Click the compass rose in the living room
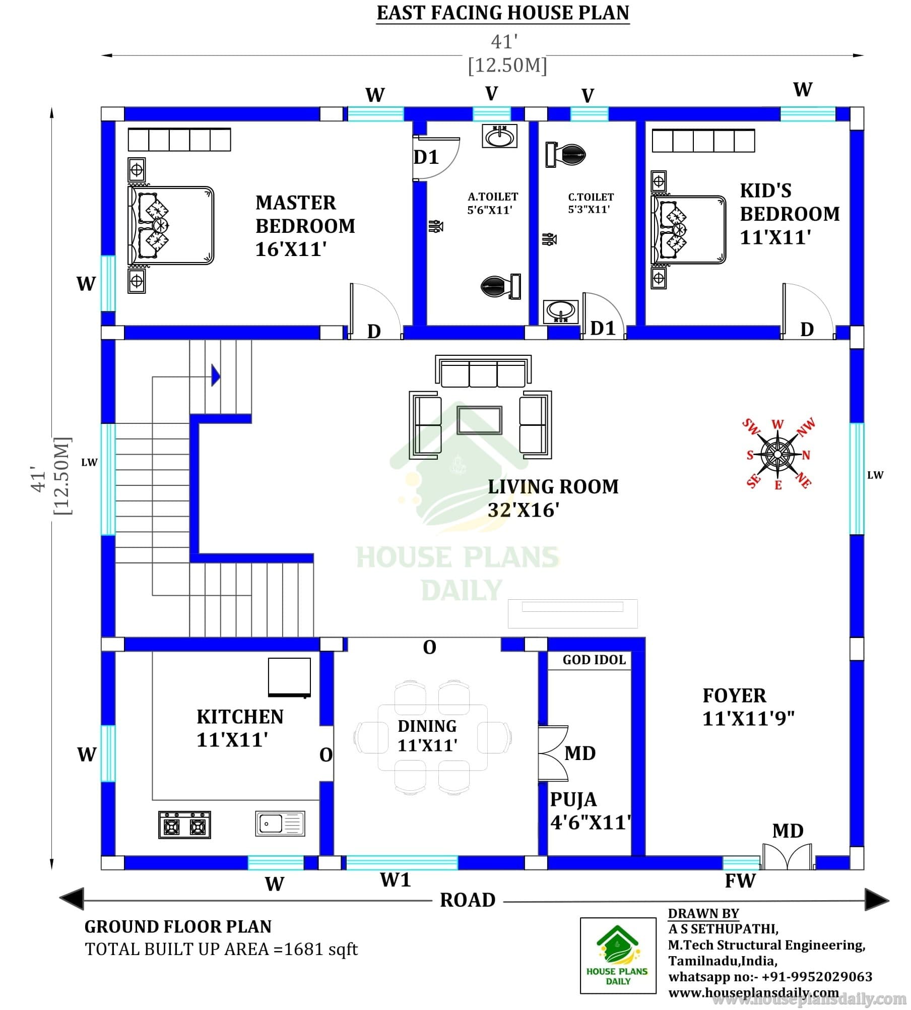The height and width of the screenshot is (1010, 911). click(x=777, y=454)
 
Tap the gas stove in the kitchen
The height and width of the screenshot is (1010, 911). click(x=184, y=825)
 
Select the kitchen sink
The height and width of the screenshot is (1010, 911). click(x=280, y=824)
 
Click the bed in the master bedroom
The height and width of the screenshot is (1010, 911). click(x=171, y=225)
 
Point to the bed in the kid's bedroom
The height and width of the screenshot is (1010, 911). click(x=688, y=229)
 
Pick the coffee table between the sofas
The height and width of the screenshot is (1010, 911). click(x=479, y=420)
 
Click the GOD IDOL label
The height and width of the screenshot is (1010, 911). click(x=594, y=660)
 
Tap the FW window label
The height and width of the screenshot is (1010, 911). click(x=740, y=881)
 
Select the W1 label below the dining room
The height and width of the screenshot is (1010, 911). click(x=396, y=880)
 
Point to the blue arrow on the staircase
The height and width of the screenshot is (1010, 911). click(x=216, y=375)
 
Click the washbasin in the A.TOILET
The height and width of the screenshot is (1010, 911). click(x=499, y=136)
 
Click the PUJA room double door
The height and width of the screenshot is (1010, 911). click(x=553, y=753)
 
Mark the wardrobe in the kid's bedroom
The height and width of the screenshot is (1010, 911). click(x=703, y=141)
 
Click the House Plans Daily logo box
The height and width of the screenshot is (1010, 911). click(x=618, y=956)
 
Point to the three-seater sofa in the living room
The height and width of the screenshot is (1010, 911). click(x=483, y=371)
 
